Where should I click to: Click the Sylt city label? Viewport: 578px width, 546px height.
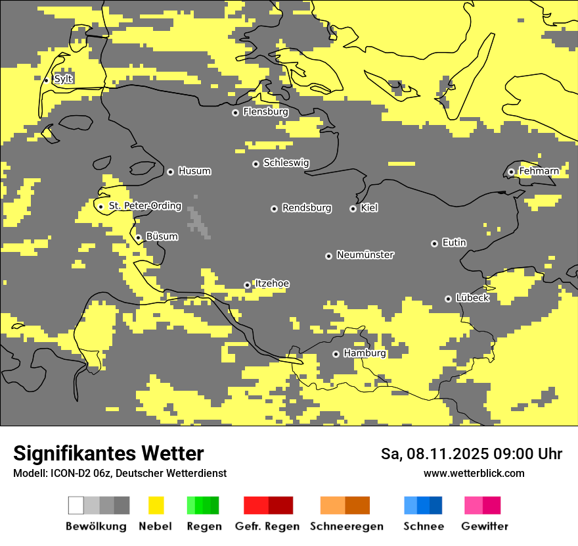pos(63,79)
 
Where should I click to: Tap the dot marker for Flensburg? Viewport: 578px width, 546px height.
pos(235,112)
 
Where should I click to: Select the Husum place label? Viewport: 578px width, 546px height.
pos(194,171)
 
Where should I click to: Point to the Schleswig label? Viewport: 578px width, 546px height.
pos(286,162)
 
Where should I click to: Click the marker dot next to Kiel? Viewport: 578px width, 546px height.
pos(353,209)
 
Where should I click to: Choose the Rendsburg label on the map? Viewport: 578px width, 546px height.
pos(306,208)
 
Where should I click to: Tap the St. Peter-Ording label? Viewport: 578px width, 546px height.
pos(144,206)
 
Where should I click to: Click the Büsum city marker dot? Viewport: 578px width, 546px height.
pos(138,237)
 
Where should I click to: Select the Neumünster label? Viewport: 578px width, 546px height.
pos(365,255)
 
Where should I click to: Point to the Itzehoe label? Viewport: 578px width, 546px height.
pos(272,284)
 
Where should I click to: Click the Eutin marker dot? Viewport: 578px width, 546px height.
pos(434,243)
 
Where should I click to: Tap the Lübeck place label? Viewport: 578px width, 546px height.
pos(472,298)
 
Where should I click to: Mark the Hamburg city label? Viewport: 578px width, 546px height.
pos(365,353)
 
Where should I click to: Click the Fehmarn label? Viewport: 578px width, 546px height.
pos(539,171)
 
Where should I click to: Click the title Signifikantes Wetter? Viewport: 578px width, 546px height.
pos(108,453)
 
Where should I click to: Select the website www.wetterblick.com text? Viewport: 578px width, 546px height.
pos(474,473)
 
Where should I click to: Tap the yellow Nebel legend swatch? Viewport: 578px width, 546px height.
pos(156,505)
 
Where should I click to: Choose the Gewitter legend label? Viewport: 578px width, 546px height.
pos(484,526)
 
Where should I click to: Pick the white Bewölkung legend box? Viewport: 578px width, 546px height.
pos(76,505)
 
